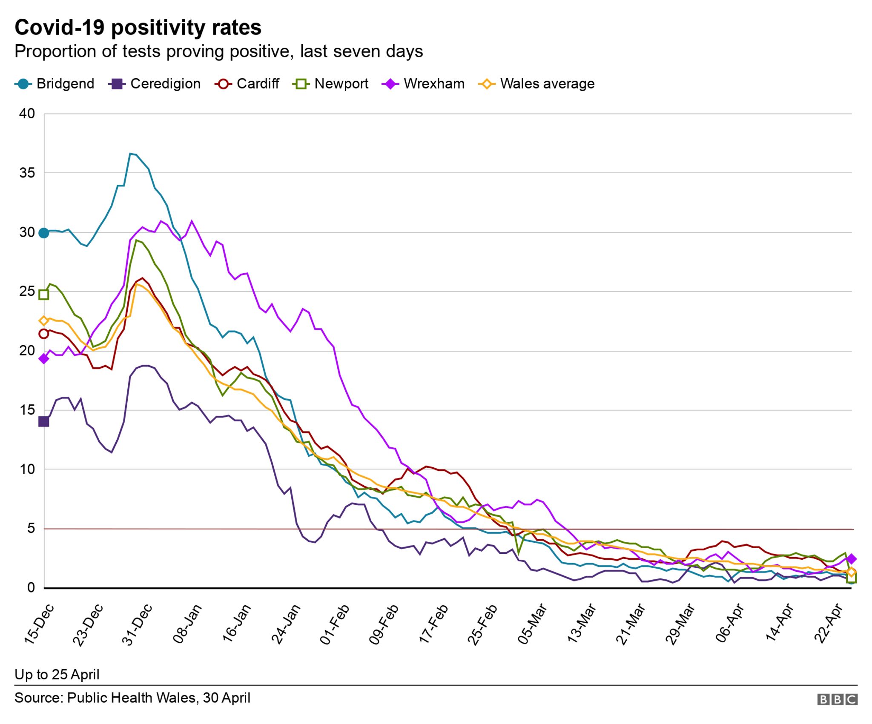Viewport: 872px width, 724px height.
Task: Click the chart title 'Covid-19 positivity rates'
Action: pyautogui.click(x=138, y=28)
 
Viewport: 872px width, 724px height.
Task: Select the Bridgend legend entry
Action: pyautogui.click(x=54, y=84)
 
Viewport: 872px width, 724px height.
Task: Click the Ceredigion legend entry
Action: pyautogui.click(x=155, y=84)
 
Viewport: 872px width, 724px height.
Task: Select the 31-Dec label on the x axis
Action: pyautogui.click(x=137, y=625)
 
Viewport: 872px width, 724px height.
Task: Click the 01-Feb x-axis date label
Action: pyautogui.click(x=335, y=625)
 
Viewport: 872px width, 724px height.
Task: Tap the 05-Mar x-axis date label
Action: pyautogui.click(x=532, y=625)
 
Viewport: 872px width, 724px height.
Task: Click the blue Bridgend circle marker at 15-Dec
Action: pyautogui.click(x=43, y=233)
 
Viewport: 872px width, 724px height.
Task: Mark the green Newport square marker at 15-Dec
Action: pyautogui.click(x=43, y=295)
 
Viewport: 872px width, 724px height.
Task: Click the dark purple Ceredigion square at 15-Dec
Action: pyautogui.click(x=43, y=422)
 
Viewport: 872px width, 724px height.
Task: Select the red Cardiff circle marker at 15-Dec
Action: pyautogui.click(x=43, y=334)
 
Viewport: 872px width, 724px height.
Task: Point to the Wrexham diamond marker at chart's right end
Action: pyautogui.click(x=852, y=559)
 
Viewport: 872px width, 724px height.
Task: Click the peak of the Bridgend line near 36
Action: pyautogui.click(x=130, y=154)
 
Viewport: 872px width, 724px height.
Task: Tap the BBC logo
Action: pyautogui.click(x=837, y=699)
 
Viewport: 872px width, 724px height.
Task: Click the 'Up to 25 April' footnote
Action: pyautogui.click(x=57, y=675)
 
